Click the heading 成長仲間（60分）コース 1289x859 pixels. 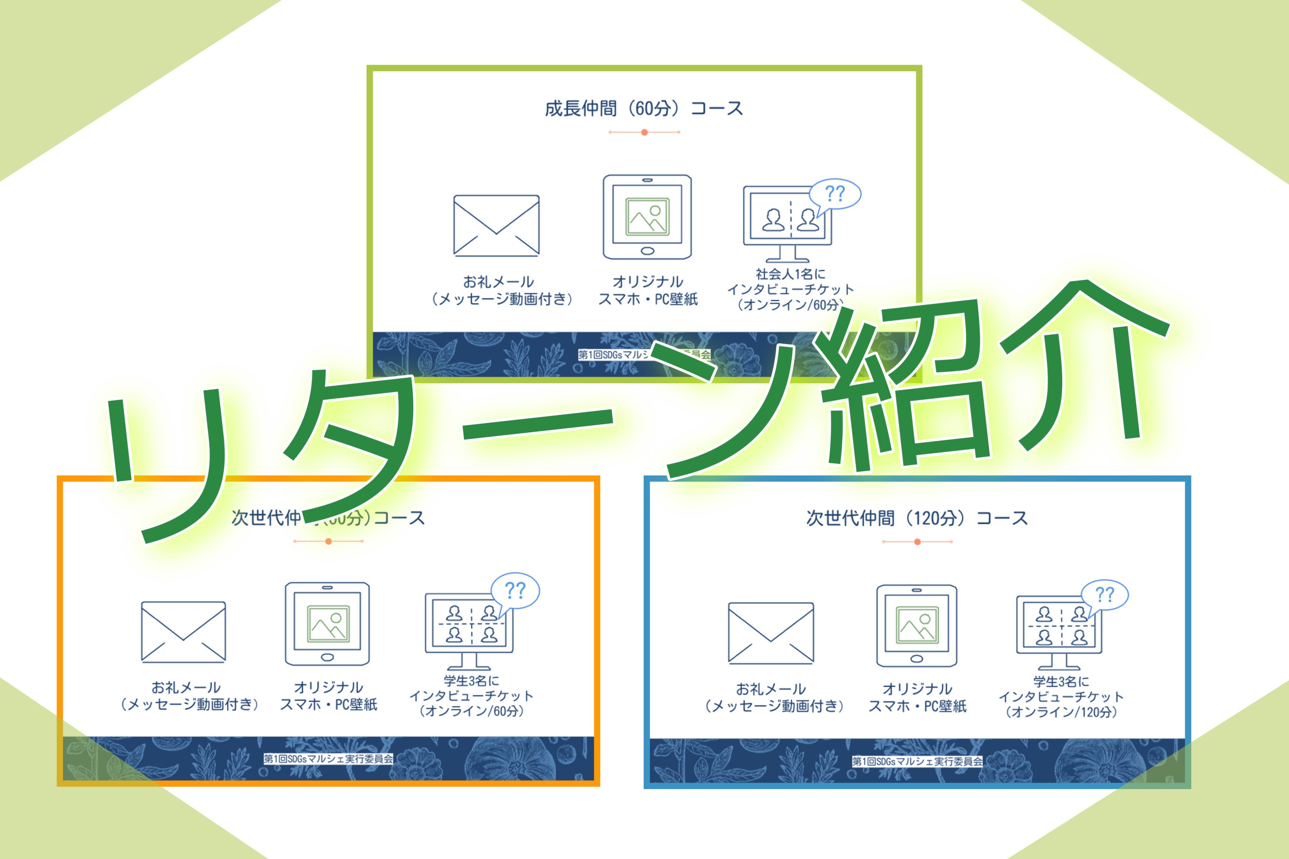coord(644,109)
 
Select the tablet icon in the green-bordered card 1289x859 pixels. coord(647,217)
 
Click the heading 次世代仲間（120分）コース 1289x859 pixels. coord(917,518)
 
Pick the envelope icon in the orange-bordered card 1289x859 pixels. coord(183,632)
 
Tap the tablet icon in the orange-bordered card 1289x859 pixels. coord(327,624)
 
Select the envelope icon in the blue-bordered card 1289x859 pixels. coord(771,633)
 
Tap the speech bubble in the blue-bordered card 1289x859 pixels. coord(1104,595)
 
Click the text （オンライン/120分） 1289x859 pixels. coord(1061,712)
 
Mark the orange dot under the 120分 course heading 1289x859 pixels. coord(917,542)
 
